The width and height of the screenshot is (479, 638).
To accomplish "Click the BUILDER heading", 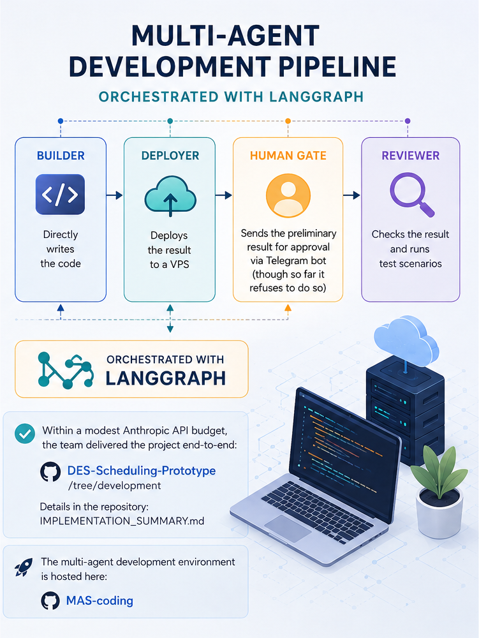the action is click(61, 156).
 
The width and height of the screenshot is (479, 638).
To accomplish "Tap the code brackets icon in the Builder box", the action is click(60, 195).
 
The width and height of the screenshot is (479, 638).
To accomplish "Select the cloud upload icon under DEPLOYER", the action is click(170, 196).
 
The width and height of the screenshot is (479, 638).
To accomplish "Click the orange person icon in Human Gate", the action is click(288, 195).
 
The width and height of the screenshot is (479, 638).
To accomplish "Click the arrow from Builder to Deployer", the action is click(115, 195).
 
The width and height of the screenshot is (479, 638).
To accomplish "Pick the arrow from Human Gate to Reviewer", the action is click(351, 195).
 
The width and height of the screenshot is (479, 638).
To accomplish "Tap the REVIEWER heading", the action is click(411, 156).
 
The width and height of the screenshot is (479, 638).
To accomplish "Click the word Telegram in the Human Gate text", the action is click(288, 260).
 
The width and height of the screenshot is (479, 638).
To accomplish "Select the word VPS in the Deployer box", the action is click(180, 265).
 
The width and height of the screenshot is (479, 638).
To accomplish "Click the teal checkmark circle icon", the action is click(25, 434).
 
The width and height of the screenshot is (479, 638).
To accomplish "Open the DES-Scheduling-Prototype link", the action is click(142, 470).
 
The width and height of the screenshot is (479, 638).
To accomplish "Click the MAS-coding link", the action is click(99, 600).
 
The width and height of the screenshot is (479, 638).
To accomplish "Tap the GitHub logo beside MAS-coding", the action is click(50, 600).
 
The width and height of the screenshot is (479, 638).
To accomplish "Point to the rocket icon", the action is click(24, 567).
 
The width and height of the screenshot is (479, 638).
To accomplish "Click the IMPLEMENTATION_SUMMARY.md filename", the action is click(122, 521).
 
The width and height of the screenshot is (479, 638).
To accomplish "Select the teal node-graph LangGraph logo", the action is click(66, 370).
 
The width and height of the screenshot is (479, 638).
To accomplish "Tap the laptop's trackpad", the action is click(288, 528).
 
